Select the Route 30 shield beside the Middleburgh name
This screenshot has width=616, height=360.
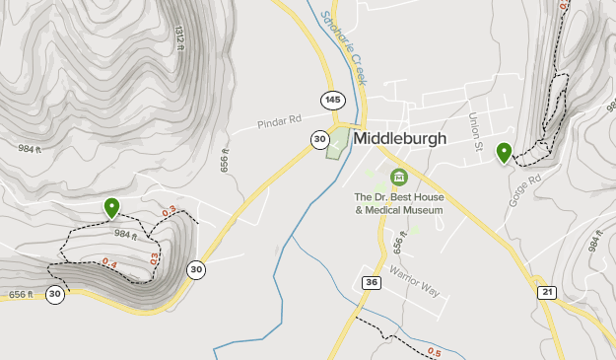319,139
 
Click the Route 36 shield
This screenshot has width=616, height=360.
371,283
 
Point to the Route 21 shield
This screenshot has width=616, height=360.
548,291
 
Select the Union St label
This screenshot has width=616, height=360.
474,133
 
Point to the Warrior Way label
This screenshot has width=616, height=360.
413,282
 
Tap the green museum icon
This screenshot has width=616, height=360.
399,177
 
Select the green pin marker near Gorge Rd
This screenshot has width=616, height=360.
504,152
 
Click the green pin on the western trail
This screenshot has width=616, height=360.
111,207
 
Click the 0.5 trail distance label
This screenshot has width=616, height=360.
435,351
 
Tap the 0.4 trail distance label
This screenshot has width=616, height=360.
108,263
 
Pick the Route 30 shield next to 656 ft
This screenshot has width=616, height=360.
54,294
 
